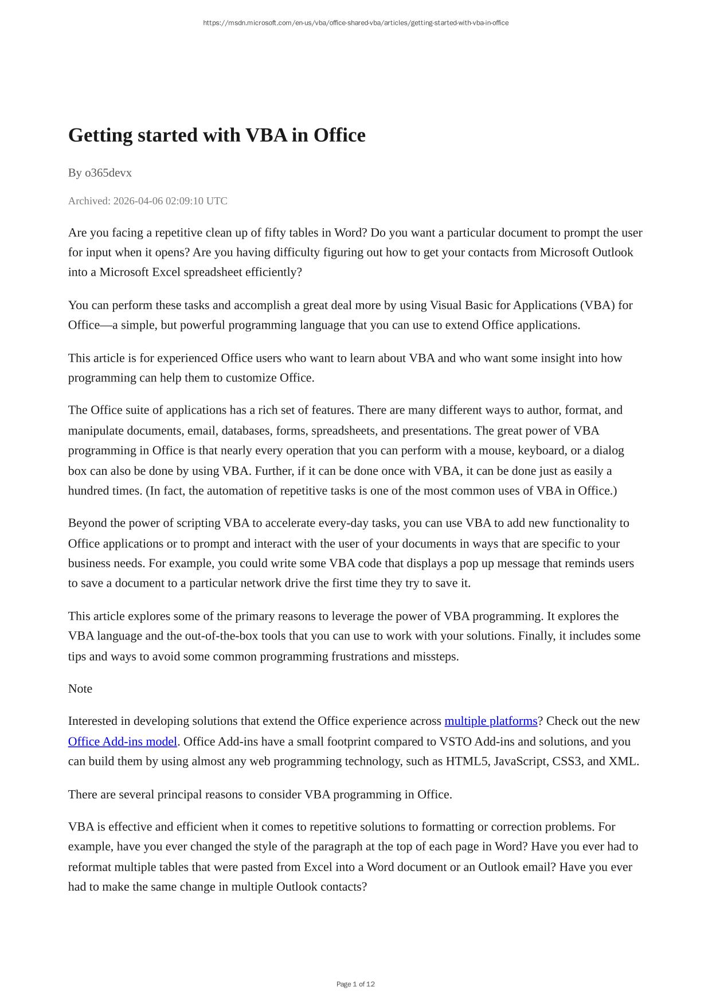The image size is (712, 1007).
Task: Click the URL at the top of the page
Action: (355, 23)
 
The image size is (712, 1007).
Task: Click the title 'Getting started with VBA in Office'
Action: (217, 135)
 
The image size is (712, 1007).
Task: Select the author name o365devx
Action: (108, 173)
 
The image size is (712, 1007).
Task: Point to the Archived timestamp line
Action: (148, 201)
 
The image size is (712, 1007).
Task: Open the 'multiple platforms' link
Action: (491, 721)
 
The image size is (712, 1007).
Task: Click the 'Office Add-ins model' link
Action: (123, 741)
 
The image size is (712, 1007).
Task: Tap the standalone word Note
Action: (80, 689)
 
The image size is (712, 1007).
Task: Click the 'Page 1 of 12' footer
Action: (355, 984)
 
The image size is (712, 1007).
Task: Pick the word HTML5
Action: (467, 762)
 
